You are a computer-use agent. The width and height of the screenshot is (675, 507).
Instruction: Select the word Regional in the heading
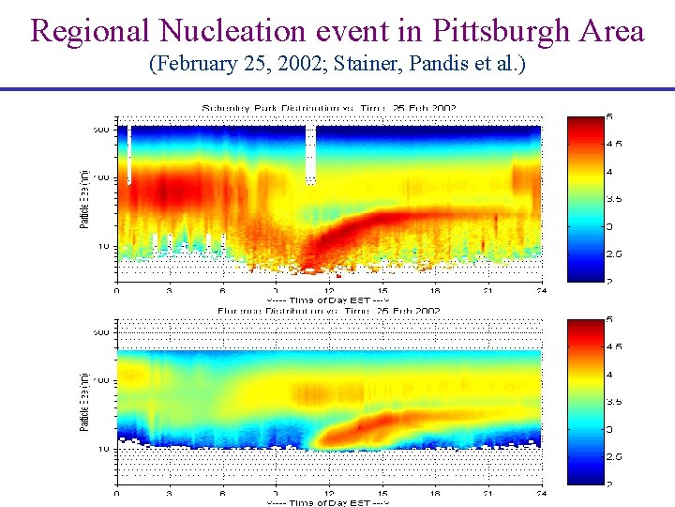point(90,32)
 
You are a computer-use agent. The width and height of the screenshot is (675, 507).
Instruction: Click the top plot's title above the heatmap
point(328,108)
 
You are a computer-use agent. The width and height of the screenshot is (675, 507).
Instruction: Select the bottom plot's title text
point(328,310)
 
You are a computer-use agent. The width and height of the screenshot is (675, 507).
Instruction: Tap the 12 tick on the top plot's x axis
point(329,290)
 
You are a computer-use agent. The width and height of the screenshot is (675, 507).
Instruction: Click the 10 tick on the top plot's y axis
point(103,246)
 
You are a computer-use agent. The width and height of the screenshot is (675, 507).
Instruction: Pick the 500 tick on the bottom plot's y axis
point(101,332)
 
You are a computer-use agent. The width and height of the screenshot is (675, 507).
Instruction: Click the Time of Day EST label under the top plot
point(328,300)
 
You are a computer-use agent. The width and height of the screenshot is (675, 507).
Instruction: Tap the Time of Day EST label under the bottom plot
point(328,502)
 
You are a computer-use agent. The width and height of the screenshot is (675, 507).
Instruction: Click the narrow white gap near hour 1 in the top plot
point(129,155)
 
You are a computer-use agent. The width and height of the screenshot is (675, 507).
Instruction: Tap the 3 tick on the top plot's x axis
point(170,290)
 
